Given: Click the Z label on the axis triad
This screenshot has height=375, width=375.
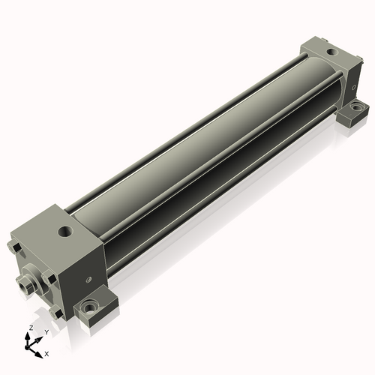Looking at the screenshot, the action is (x=31, y=328).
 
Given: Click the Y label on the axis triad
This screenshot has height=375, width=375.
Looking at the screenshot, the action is (x=46, y=332).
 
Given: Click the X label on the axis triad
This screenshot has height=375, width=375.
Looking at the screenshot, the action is (x=46, y=354).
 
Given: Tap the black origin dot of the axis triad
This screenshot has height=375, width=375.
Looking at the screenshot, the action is (x=27, y=348).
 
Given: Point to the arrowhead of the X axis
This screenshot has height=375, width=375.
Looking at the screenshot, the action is (x=38, y=355).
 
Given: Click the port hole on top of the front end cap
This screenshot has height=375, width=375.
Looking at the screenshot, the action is (x=64, y=231).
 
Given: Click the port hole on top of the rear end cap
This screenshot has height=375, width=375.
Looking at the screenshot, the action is (x=331, y=52).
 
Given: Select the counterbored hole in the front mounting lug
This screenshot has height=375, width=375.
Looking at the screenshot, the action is (x=88, y=307).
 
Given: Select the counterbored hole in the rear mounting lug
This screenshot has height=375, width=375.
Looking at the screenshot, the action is (x=355, y=107).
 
